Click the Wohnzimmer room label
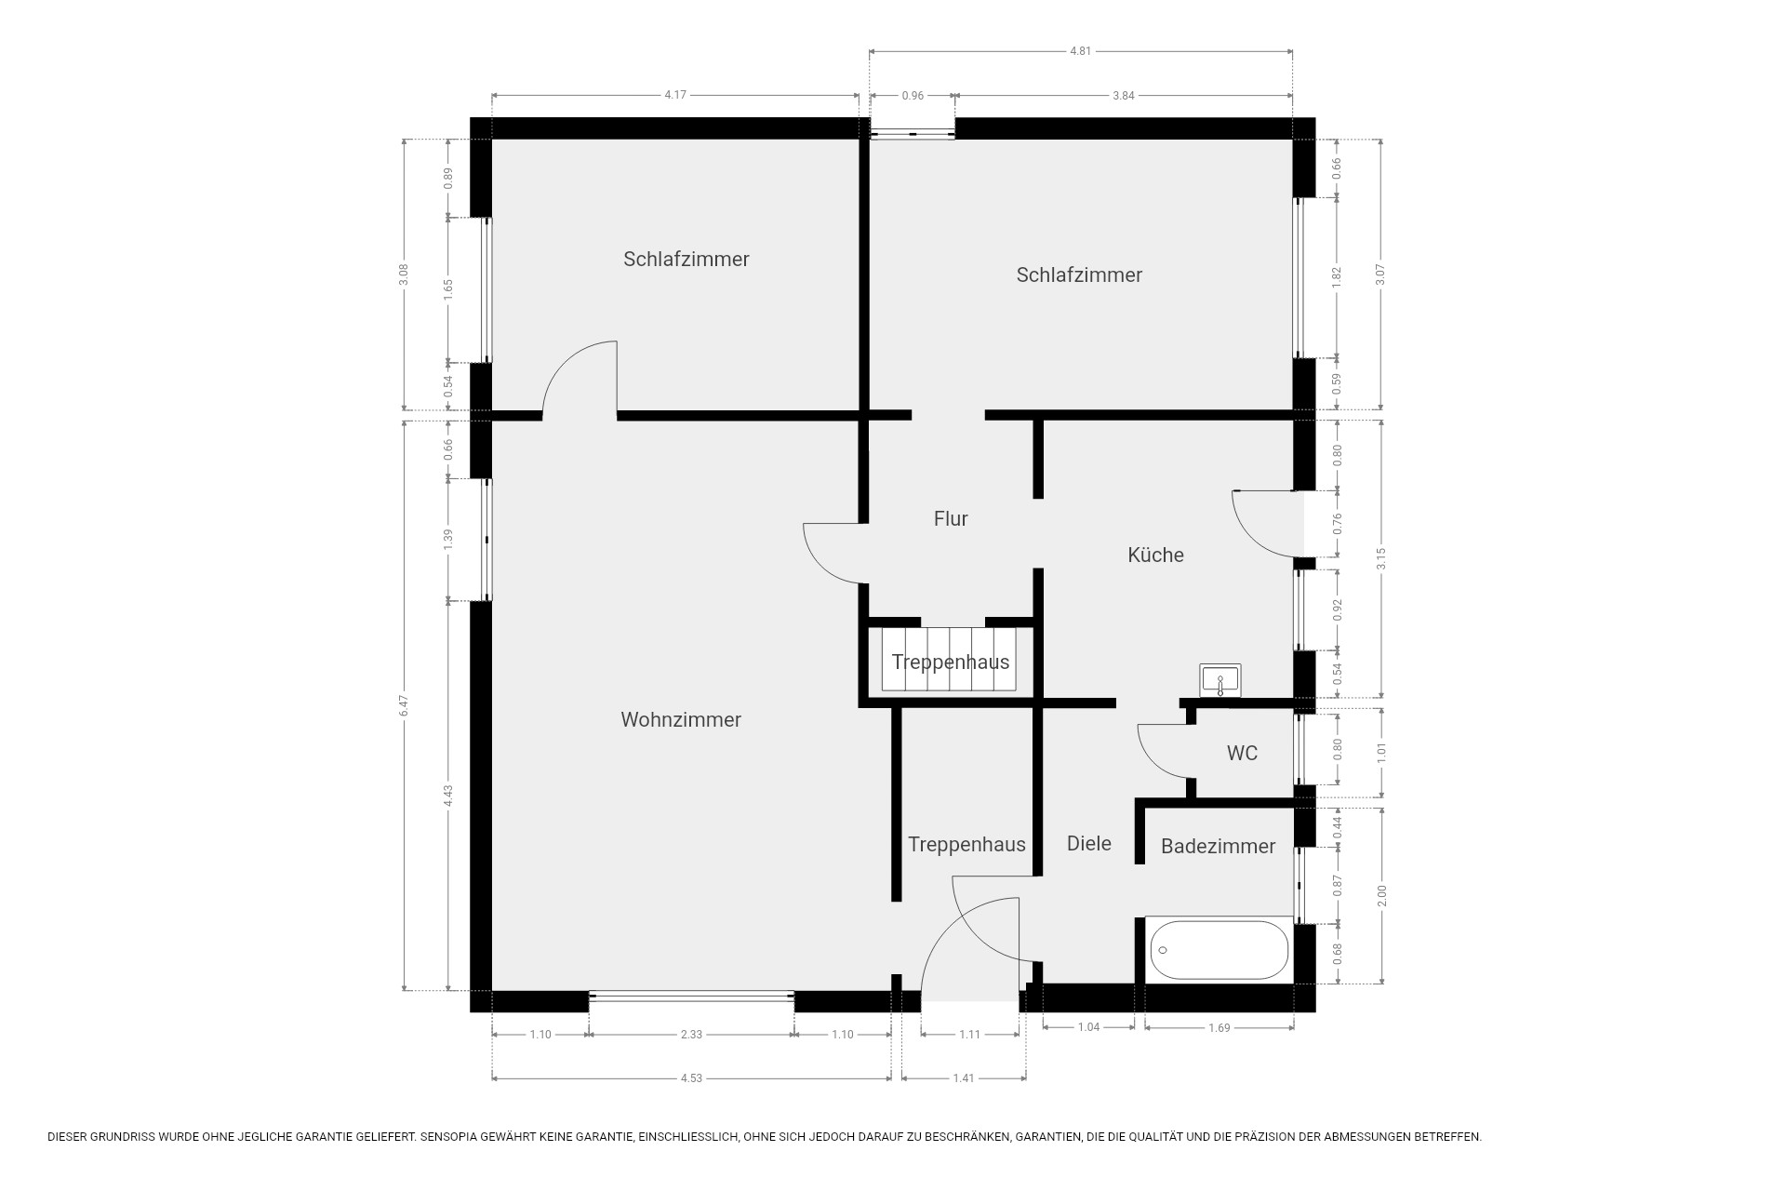681,719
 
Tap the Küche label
1155,555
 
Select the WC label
1242,753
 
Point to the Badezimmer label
1218,846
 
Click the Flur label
951,518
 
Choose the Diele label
1088,843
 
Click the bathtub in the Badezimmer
1219,950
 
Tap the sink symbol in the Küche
1220,680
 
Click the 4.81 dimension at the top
1080,51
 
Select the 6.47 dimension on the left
404,704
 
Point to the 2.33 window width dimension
691,1034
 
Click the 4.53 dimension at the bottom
691,1078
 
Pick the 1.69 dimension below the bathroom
1219,1027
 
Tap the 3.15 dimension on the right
1381,558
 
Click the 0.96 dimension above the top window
913,95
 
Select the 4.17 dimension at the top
675,95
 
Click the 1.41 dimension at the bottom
964,1078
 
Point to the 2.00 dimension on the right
1381,895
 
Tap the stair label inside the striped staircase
951,662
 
